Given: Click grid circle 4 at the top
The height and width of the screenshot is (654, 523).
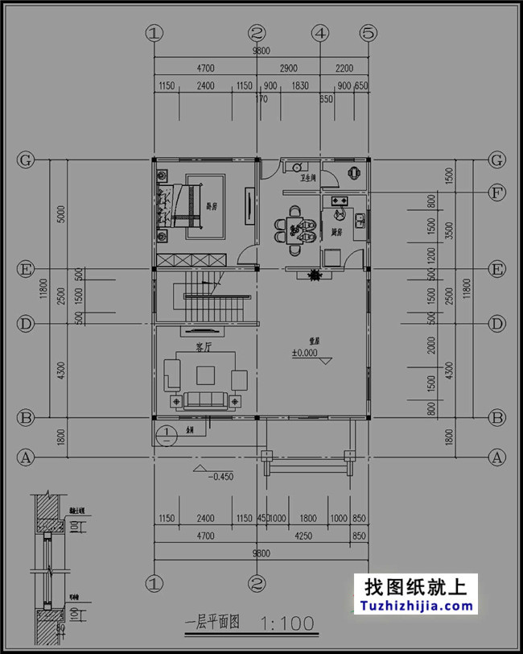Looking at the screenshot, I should (x=320, y=34).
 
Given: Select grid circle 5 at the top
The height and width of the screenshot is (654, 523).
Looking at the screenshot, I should (x=369, y=34).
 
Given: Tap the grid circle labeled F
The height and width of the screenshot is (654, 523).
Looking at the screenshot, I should (x=498, y=193).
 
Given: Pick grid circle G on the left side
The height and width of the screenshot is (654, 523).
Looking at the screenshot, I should (x=26, y=160).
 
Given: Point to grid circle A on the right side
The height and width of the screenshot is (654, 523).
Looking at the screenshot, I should (x=498, y=457).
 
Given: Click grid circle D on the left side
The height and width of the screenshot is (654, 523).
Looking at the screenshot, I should (x=26, y=324).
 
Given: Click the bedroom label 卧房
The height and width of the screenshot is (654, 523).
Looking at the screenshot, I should (x=212, y=205).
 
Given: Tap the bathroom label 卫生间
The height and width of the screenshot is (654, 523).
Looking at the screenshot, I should (x=308, y=176).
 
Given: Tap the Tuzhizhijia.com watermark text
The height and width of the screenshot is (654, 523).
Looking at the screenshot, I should (x=416, y=606).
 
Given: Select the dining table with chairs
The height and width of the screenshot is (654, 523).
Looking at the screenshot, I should (x=297, y=229).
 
